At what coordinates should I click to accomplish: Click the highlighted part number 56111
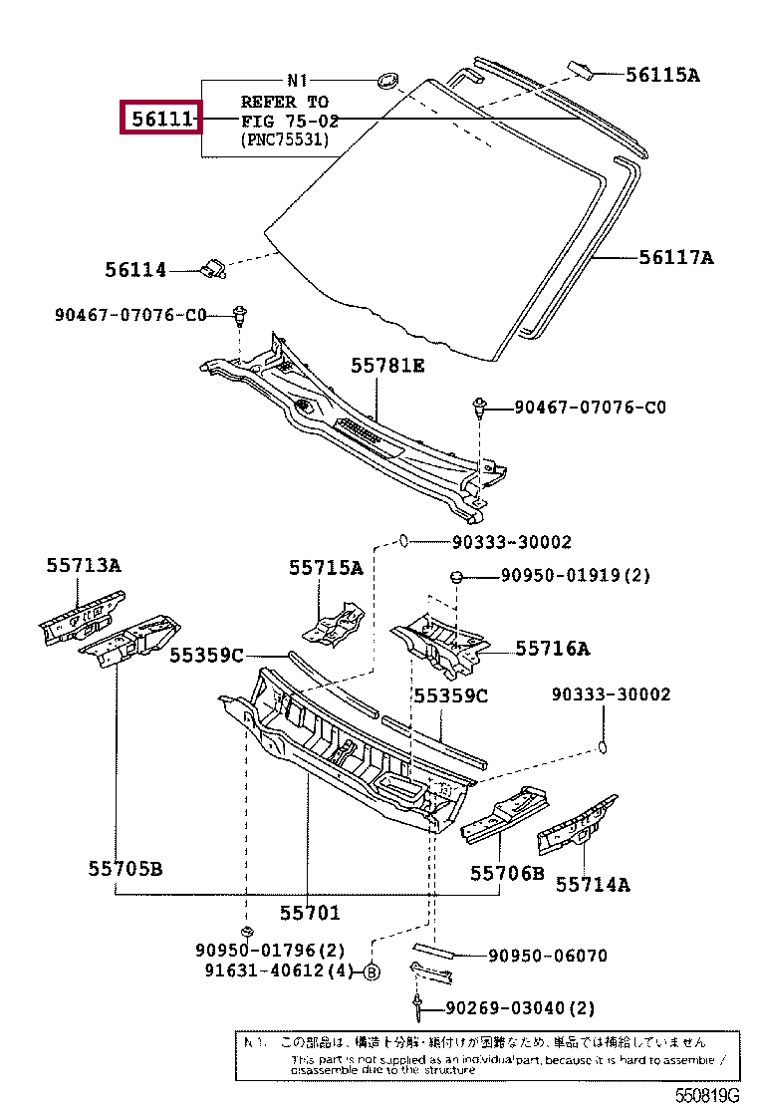click(x=160, y=120)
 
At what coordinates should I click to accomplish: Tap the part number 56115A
click(x=662, y=74)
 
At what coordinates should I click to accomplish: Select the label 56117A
click(x=676, y=257)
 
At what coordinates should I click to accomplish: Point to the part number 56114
click(x=135, y=269)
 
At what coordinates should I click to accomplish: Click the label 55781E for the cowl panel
click(x=387, y=366)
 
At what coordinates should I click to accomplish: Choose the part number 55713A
click(x=83, y=565)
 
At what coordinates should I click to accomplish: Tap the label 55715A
click(x=326, y=567)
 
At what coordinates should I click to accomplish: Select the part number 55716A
click(x=552, y=649)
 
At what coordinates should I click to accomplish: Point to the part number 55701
click(x=309, y=912)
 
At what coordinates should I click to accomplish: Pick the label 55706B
click(x=507, y=874)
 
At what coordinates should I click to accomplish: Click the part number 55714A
click(x=593, y=883)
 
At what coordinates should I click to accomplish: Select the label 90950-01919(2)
click(x=575, y=575)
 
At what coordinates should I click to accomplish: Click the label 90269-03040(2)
click(x=535, y=1007)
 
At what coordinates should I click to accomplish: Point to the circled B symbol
click(x=371, y=972)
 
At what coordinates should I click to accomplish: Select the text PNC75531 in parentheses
click(x=284, y=140)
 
